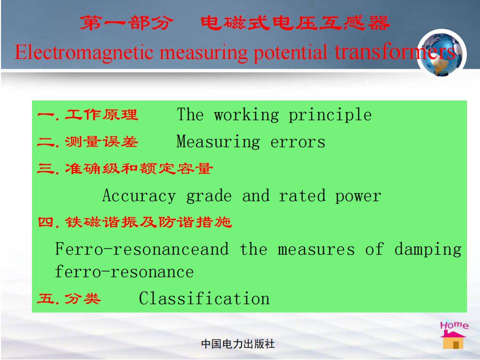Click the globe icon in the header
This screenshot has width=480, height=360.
441,54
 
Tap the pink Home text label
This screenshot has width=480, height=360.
454,325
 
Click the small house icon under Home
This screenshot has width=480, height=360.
453,340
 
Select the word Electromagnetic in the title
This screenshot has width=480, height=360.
84,52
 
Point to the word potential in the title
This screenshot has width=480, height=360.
290,52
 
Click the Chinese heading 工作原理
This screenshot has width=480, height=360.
101,115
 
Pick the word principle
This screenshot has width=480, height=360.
330,115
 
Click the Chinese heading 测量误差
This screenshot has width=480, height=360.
101,141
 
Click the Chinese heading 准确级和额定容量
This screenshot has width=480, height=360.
139,168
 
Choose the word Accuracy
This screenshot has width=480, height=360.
139,196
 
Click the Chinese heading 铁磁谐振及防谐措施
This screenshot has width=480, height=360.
148,222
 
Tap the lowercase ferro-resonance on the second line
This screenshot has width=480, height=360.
124,272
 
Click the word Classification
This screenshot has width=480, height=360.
204,298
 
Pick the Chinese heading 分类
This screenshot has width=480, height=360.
82,299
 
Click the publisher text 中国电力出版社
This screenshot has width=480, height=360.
238,344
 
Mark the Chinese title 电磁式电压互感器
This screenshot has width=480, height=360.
295,23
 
